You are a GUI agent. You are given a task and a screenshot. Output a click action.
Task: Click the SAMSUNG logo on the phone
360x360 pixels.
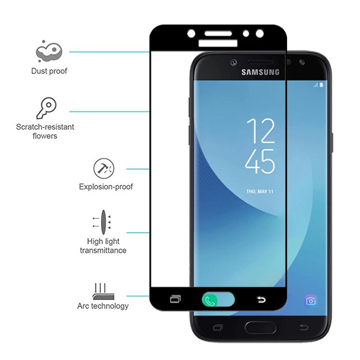(x=261, y=72)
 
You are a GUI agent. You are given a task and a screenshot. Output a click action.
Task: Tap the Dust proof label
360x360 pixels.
(x=49, y=71)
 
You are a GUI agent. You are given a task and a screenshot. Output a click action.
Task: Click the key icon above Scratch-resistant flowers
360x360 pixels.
(x=47, y=108)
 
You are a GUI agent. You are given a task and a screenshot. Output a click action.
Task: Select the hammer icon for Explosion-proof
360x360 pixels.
(x=104, y=168)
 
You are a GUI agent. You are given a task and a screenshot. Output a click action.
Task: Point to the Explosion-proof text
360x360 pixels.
(x=106, y=187)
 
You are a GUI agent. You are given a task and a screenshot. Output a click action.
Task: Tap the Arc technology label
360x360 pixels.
(x=103, y=306)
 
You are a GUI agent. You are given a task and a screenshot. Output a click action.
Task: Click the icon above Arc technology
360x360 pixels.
(x=103, y=292)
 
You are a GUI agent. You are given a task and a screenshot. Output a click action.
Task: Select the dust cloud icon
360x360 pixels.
(x=49, y=51)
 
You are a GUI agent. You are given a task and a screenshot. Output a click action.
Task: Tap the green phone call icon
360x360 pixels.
(x=209, y=300)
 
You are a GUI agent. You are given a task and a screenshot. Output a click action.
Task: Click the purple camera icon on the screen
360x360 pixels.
(x=310, y=301)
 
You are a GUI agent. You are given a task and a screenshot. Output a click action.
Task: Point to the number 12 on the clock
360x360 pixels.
(x=261, y=131)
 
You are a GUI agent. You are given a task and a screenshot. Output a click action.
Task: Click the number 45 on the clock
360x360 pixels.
(x=260, y=161)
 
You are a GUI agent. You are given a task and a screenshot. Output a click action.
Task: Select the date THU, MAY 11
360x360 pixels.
(x=260, y=192)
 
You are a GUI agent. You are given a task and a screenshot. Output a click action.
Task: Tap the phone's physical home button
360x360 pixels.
(x=261, y=328)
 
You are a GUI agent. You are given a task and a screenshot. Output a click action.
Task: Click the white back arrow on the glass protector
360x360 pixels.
(x=261, y=300)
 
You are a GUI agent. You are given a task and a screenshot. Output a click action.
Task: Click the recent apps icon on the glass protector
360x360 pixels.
(x=175, y=299)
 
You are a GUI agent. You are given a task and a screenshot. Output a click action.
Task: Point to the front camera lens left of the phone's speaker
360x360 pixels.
(x=234, y=63)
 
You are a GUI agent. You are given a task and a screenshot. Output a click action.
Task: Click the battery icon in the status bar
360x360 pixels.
(x=321, y=85)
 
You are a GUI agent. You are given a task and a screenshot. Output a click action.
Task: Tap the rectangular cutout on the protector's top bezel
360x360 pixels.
(x=218, y=43)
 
